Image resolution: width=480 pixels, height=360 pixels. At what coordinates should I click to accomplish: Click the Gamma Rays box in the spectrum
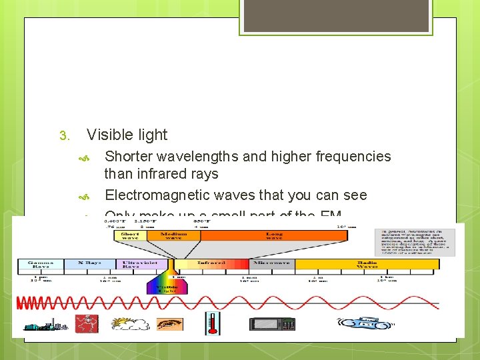[41, 264]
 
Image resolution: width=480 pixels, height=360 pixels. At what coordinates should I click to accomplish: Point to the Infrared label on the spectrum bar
[211, 263]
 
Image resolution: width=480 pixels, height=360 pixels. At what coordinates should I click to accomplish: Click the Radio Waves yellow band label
[367, 264]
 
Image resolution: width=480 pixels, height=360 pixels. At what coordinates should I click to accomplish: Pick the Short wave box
[130, 235]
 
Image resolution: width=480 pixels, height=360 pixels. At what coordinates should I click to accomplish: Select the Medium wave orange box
[173, 235]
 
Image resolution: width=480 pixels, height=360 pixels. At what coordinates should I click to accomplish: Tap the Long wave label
[274, 235]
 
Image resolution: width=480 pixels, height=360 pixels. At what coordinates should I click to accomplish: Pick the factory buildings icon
[42, 325]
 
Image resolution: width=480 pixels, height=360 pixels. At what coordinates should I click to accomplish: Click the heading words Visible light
[127, 135]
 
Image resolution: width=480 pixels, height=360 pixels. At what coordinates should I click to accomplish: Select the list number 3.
[64, 136]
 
